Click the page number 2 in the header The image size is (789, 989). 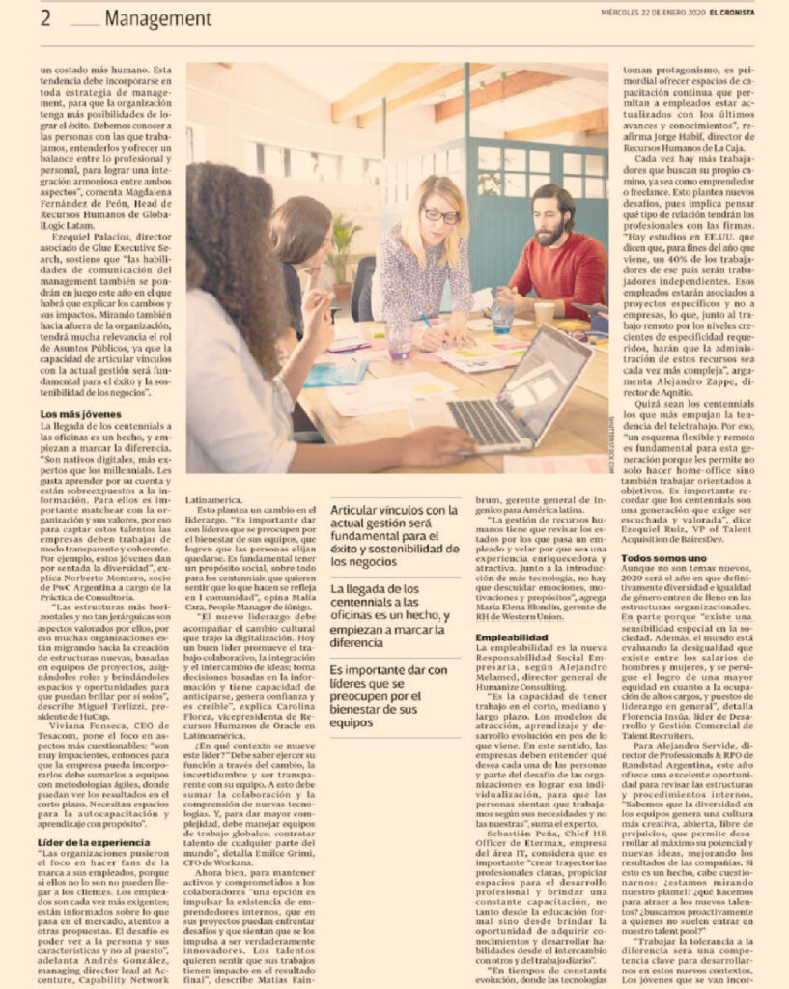click(x=45, y=18)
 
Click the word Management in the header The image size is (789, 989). click(x=157, y=18)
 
